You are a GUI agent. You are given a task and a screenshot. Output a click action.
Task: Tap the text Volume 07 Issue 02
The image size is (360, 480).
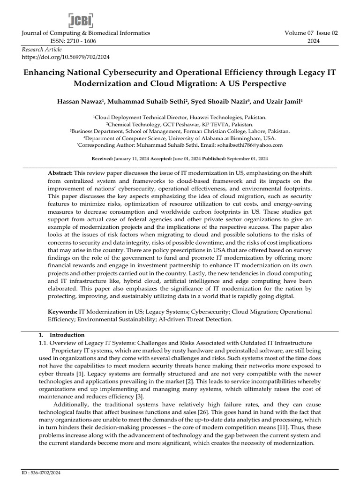point(311,33)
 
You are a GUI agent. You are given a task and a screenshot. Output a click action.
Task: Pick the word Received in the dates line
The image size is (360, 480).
point(102,158)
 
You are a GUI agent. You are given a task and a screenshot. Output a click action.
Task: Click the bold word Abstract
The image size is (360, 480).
point(60,173)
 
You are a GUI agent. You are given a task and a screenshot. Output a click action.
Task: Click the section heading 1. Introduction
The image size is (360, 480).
point(65,335)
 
